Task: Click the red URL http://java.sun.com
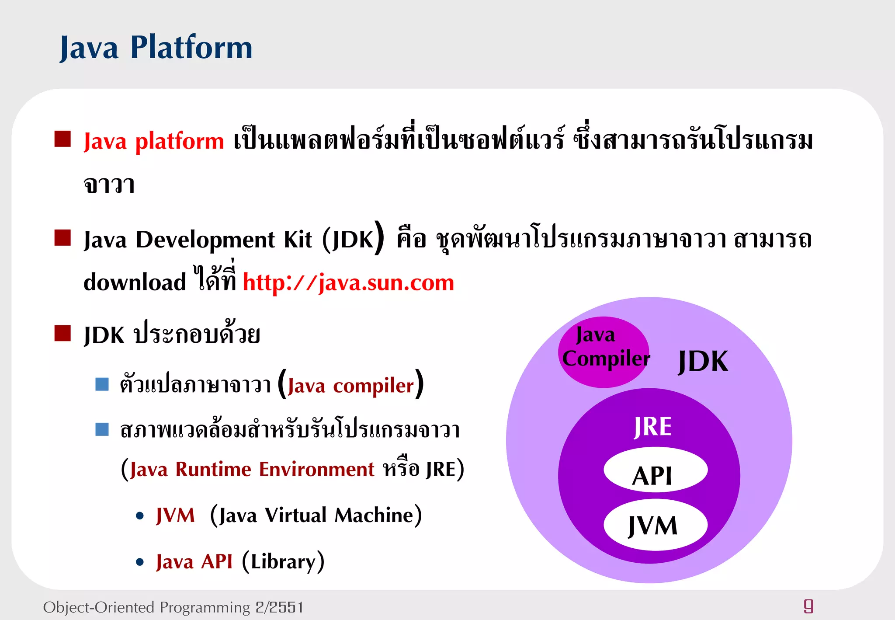348,282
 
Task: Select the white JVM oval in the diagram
655,525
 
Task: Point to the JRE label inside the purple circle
652,427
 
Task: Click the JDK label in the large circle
703,362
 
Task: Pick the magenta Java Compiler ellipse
604,352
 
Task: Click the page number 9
808,606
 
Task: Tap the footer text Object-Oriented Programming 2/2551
173,607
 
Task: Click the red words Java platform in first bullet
153,141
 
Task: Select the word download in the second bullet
135,282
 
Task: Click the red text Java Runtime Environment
252,470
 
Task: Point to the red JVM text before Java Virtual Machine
175,516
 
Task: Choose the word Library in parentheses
283,562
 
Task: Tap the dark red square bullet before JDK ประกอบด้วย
62,333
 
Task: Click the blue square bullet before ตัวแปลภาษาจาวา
102,384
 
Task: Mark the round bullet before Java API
140,562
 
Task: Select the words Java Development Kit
198,240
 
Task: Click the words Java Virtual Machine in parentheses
316,516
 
